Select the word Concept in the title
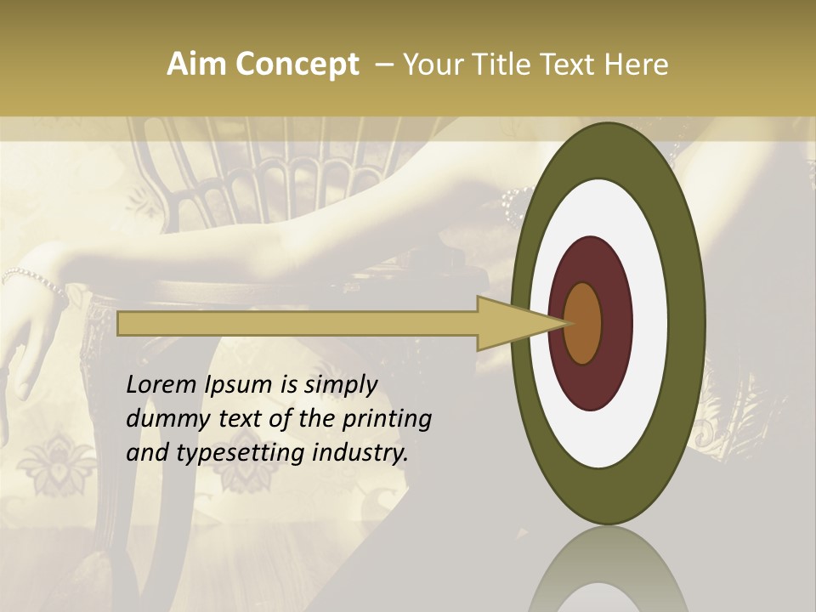(296, 65)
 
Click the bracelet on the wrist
(34, 279)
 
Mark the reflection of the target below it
(609, 569)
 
